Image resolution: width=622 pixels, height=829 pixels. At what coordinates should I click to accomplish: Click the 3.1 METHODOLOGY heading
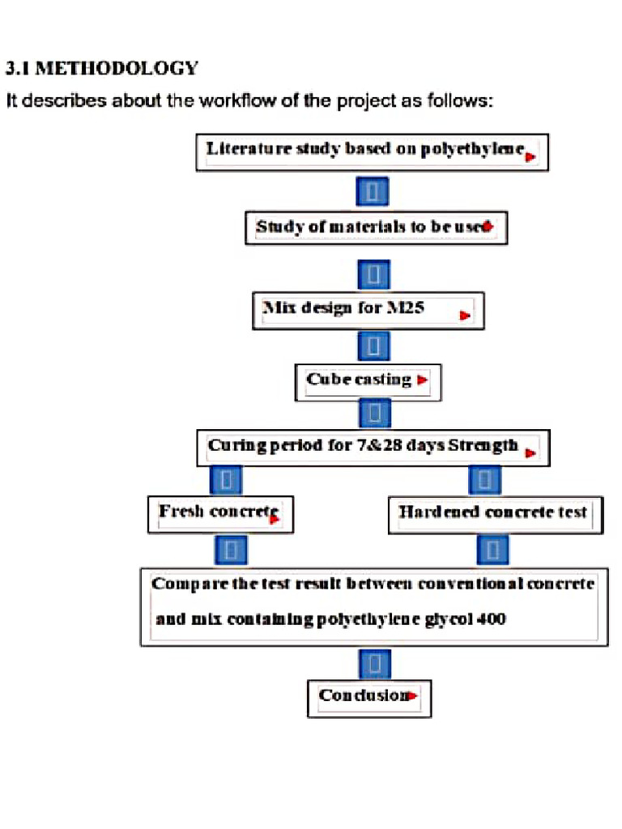tap(102, 68)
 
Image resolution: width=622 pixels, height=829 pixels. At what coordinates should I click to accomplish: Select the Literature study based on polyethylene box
tap(372, 152)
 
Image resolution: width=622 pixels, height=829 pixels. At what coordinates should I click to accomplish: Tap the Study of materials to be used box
tap(376, 227)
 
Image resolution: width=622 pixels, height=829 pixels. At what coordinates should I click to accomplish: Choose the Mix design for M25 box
tap(369, 310)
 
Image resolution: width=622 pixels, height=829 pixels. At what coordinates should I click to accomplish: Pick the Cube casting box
tap(368, 381)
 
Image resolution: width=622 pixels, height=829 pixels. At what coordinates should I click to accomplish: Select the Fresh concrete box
tap(220, 514)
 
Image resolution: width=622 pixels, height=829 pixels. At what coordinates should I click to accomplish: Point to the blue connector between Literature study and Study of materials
tap(373, 193)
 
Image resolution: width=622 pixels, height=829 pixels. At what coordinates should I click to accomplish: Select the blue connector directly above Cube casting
tap(373, 346)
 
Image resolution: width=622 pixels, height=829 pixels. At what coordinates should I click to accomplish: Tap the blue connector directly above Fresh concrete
tap(227, 480)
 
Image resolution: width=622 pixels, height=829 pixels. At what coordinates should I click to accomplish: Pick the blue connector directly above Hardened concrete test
tap(484, 480)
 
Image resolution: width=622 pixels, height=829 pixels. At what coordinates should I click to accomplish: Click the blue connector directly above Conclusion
tap(374, 665)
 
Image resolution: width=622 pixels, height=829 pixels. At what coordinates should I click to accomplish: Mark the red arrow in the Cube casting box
tap(422, 380)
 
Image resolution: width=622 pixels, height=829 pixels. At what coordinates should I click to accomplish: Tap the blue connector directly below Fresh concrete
tap(230, 551)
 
